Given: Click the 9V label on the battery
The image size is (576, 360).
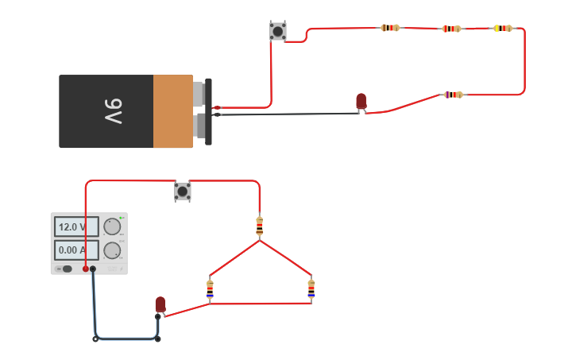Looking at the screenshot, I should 113,111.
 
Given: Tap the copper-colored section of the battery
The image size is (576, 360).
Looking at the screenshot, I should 173,111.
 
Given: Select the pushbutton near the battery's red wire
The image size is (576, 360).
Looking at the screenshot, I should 277,31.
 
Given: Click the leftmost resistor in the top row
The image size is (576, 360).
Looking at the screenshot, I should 390,28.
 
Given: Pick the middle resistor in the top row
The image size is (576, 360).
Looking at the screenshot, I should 451,29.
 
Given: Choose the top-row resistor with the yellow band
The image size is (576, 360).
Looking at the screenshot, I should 502,28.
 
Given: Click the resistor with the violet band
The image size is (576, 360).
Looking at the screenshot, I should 453,95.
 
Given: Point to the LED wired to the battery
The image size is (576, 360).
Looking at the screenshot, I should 361,101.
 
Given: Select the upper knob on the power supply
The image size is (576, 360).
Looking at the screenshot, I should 112,226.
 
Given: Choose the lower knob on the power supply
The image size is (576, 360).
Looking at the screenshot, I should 112,250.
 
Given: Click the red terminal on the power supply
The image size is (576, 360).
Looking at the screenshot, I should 85,269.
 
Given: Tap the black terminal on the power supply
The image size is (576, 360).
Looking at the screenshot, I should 93,269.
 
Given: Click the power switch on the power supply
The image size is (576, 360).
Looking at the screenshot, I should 67,269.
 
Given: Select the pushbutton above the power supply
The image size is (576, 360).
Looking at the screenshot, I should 183,192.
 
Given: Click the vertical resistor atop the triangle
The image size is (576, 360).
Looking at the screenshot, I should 259,226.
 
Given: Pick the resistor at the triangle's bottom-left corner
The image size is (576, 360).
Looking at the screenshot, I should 210,289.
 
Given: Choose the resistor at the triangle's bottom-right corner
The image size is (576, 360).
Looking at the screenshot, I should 311,289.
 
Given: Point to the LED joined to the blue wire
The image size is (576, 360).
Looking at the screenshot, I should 160,304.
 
